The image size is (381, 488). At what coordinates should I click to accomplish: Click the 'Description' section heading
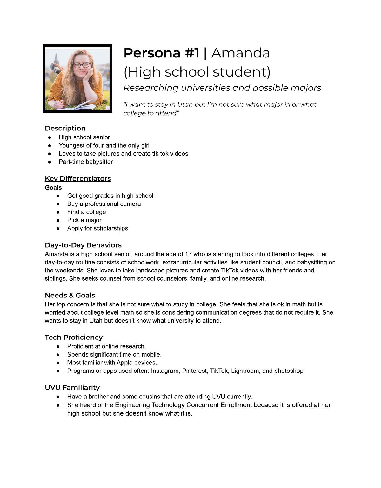click(65, 128)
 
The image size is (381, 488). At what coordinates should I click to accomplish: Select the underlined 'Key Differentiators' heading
click(78, 178)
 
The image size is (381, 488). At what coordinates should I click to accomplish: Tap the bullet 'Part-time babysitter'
click(86, 162)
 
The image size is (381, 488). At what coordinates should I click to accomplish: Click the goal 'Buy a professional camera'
click(104, 204)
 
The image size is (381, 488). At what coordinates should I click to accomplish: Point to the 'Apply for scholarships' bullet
click(97, 228)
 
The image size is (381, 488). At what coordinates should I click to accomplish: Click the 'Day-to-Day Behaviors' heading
click(83, 245)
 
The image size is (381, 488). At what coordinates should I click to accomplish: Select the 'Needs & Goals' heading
click(70, 295)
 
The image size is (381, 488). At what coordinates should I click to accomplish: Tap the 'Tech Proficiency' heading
click(74, 337)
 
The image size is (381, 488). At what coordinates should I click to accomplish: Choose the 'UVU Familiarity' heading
click(72, 388)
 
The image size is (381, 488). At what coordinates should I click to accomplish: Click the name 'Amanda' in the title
click(240, 53)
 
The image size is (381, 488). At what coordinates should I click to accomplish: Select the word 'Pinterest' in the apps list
click(194, 371)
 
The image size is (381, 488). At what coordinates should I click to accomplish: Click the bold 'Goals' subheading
click(53, 188)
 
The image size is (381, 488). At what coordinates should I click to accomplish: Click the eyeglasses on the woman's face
click(82, 65)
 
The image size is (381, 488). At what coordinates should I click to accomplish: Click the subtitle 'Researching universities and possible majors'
click(222, 88)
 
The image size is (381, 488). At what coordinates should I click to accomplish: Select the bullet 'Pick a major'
click(84, 220)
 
